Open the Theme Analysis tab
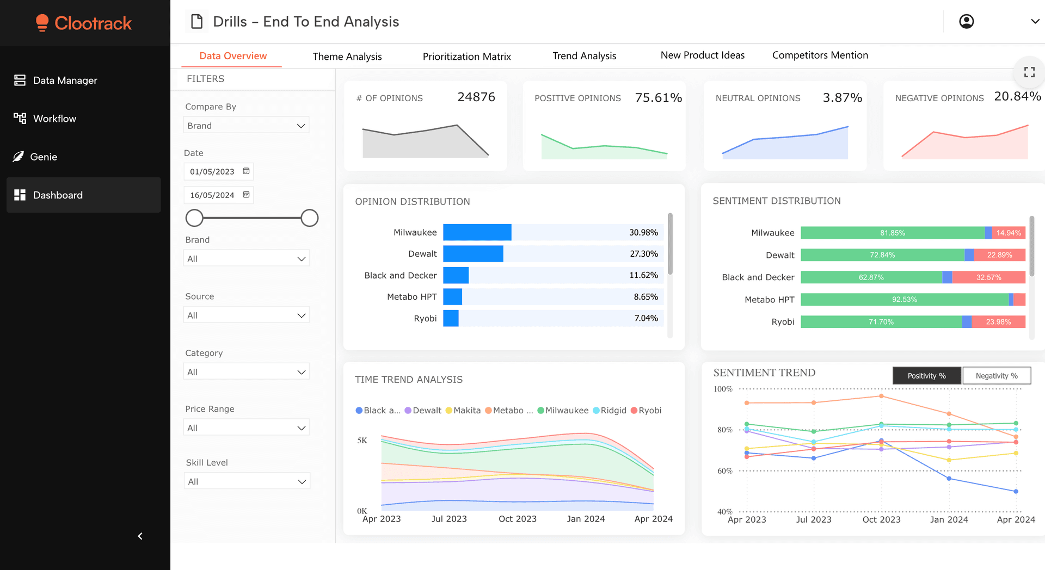click(347, 57)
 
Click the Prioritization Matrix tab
click(466, 57)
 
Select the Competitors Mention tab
click(820, 55)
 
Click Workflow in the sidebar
click(54, 119)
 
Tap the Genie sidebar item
click(44, 157)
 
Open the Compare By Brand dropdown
click(246, 126)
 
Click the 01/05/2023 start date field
click(212, 171)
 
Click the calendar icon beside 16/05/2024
click(246, 195)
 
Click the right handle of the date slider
click(309, 218)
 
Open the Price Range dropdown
click(246, 428)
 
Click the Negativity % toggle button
click(996, 376)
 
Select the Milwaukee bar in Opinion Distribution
click(477, 232)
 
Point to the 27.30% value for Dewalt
click(643, 254)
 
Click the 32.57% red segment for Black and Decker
click(988, 277)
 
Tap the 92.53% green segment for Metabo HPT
click(904, 300)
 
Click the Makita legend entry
click(463, 411)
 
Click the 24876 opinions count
click(476, 97)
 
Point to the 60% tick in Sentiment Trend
click(724, 471)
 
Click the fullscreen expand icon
click(1029, 72)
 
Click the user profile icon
click(966, 22)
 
